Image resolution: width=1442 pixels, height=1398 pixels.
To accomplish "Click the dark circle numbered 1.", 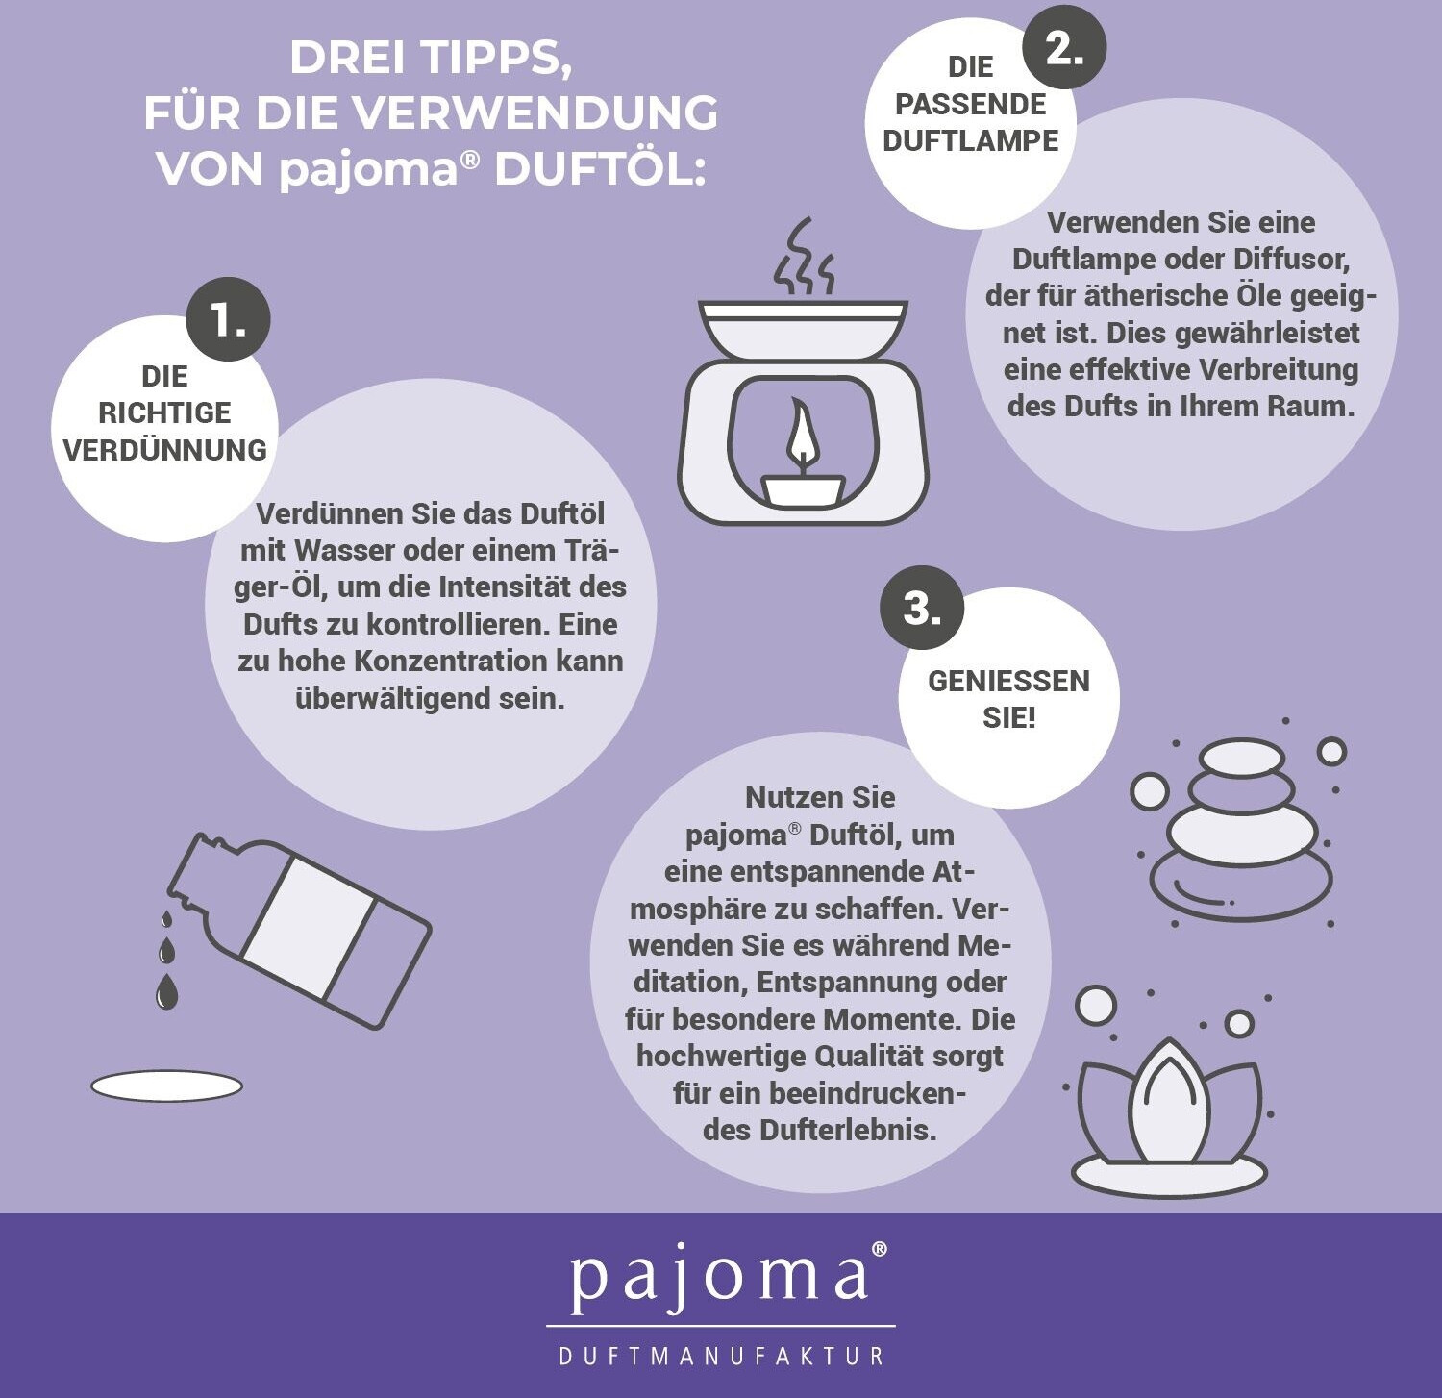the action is point(228,320).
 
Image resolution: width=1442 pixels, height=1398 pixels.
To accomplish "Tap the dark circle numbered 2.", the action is point(1064,45).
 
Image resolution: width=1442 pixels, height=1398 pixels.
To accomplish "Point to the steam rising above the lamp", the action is point(804,257).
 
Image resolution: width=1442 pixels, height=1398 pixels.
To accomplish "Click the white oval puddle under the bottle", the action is point(166,1086).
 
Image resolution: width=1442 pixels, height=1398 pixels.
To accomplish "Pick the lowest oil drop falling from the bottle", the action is point(166,991).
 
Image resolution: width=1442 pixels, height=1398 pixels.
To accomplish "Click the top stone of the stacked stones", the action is point(1241,758).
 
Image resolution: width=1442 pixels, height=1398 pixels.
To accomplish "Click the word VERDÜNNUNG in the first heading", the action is point(164,450).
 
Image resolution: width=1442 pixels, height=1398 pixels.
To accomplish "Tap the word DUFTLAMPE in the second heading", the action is point(970,140).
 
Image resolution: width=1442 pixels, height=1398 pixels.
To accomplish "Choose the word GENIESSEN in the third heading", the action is point(1008,681).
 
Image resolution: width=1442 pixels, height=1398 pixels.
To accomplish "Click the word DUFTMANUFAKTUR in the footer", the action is point(721,1356).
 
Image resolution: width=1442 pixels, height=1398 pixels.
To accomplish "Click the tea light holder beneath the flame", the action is point(804,489).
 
